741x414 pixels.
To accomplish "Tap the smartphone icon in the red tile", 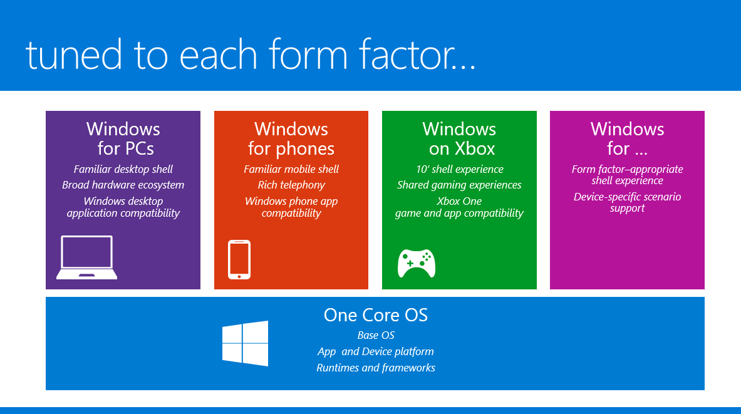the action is point(239,259).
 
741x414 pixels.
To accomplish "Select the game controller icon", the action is point(417,263).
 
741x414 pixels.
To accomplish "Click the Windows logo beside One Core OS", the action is point(246,344).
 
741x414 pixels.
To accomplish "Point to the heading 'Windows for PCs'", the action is point(124,138).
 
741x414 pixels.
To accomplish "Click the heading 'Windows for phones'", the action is point(291,138).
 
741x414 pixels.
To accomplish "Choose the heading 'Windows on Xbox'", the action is point(459,138).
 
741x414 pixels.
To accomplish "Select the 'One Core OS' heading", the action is point(376,315).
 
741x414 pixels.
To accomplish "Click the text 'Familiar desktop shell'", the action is point(123,169).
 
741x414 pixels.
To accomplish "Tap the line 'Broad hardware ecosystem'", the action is point(123,185).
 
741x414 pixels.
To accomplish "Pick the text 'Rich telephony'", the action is point(292,185).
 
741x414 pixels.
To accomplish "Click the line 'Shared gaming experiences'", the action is point(459,185).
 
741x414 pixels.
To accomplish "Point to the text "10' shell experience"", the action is point(460,169).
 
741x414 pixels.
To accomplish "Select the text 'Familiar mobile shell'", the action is point(292,169).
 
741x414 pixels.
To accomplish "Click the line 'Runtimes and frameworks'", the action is point(376,368).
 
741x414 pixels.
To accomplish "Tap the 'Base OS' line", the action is point(376,335).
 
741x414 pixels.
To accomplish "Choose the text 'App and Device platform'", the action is point(376,351).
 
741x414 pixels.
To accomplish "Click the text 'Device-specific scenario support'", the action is point(627,202).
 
